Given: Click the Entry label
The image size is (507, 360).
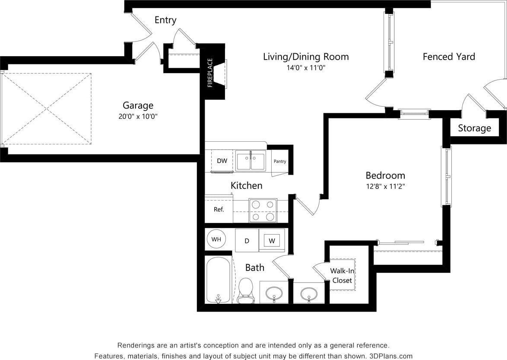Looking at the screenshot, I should pyautogui.click(x=165, y=20).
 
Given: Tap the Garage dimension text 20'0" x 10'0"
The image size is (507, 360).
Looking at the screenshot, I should pyautogui.click(x=138, y=116).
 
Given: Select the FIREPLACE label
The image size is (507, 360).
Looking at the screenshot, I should pyautogui.click(x=210, y=73).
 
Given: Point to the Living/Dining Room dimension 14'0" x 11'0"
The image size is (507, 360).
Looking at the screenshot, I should pyautogui.click(x=306, y=67).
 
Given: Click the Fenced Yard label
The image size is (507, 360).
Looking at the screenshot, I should pyautogui.click(x=449, y=57).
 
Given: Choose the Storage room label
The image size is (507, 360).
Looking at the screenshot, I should pyautogui.click(x=474, y=128).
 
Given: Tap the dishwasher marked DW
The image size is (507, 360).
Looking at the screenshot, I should pyautogui.click(x=222, y=161).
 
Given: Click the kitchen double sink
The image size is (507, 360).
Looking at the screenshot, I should pyautogui.click(x=250, y=161).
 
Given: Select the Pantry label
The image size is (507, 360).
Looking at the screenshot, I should pyautogui.click(x=280, y=161).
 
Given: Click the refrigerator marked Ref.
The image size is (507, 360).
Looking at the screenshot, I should pyautogui.click(x=219, y=210).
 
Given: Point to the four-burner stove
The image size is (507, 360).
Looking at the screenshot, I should pyautogui.click(x=263, y=210).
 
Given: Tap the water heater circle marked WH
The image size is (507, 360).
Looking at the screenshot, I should pyautogui.click(x=216, y=239).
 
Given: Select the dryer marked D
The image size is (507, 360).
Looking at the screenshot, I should pyautogui.click(x=247, y=241).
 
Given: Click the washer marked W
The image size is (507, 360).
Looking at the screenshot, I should pyautogui.click(x=272, y=240).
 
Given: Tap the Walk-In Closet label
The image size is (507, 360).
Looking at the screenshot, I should pyautogui.click(x=342, y=275).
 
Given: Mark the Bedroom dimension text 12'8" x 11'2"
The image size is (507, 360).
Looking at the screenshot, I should pyautogui.click(x=385, y=187).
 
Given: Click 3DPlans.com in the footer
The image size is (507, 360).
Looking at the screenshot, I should pyautogui.click(x=391, y=356).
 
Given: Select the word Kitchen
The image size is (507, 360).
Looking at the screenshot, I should pyautogui.click(x=246, y=185).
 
